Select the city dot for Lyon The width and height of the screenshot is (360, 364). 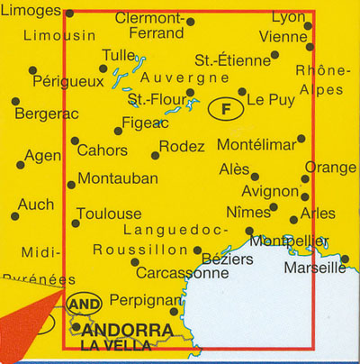pos(309,25)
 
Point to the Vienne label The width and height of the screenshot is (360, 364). pos(282,37)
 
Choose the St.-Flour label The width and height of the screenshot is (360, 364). pos(156,99)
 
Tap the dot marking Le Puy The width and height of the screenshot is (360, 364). pos(241,91)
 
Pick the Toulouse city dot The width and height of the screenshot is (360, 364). pos(76,223)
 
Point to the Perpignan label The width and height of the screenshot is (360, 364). pos(139,300)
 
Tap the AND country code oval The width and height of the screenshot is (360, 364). pos(78,305)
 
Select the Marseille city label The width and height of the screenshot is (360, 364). pos(314,268)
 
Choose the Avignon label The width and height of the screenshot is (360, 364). pos(270,191)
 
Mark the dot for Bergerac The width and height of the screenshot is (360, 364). pos(15,101)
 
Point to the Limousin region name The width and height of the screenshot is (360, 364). pos(59,36)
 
